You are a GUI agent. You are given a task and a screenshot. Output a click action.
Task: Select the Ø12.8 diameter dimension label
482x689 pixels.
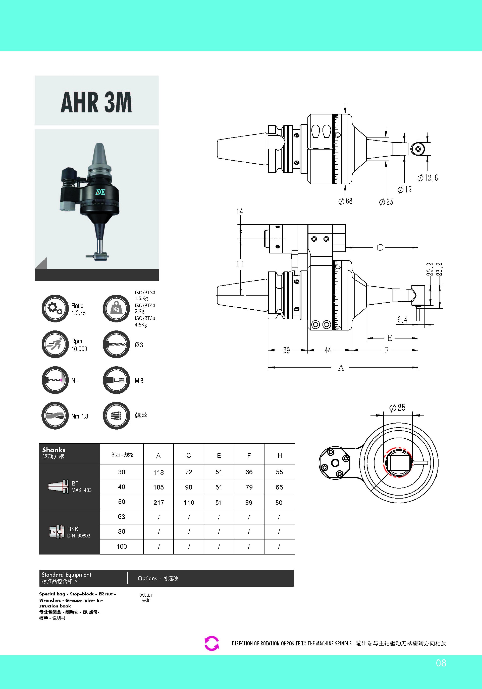(x=427, y=178)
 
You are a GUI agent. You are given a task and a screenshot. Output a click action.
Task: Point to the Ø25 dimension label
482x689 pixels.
(x=397, y=407)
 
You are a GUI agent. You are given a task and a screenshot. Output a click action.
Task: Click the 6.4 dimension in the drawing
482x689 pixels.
(x=402, y=320)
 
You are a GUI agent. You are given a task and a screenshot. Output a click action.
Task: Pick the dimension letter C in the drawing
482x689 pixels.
(x=380, y=248)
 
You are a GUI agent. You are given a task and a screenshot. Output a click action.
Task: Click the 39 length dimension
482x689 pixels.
(x=287, y=350)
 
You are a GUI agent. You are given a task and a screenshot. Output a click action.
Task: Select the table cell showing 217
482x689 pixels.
(x=158, y=502)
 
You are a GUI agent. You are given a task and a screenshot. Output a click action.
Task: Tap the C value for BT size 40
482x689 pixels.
(x=189, y=487)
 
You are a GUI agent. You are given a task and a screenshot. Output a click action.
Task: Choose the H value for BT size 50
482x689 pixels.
(x=279, y=502)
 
